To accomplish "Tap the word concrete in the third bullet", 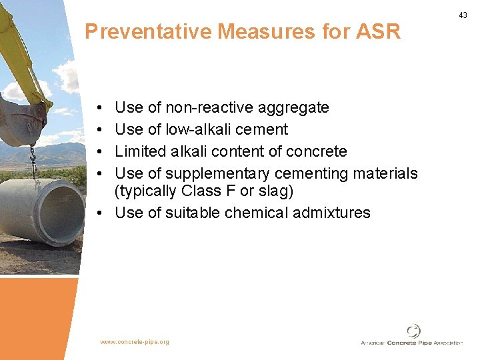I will (317, 151).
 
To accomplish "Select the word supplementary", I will (217, 173).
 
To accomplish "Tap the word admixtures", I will (337, 213).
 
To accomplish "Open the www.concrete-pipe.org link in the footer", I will (135, 342).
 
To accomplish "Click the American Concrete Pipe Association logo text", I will (411, 343).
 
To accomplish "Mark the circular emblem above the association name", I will (413, 331).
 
